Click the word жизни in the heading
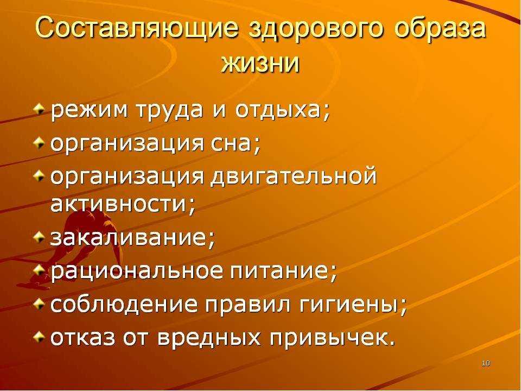pos(260,62)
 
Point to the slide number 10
pos(486,363)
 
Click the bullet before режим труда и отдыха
pos(39,109)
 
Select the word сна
pos(235,144)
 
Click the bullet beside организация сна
pos(39,143)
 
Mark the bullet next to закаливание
pos(39,237)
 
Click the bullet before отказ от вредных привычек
pos(39,337)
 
